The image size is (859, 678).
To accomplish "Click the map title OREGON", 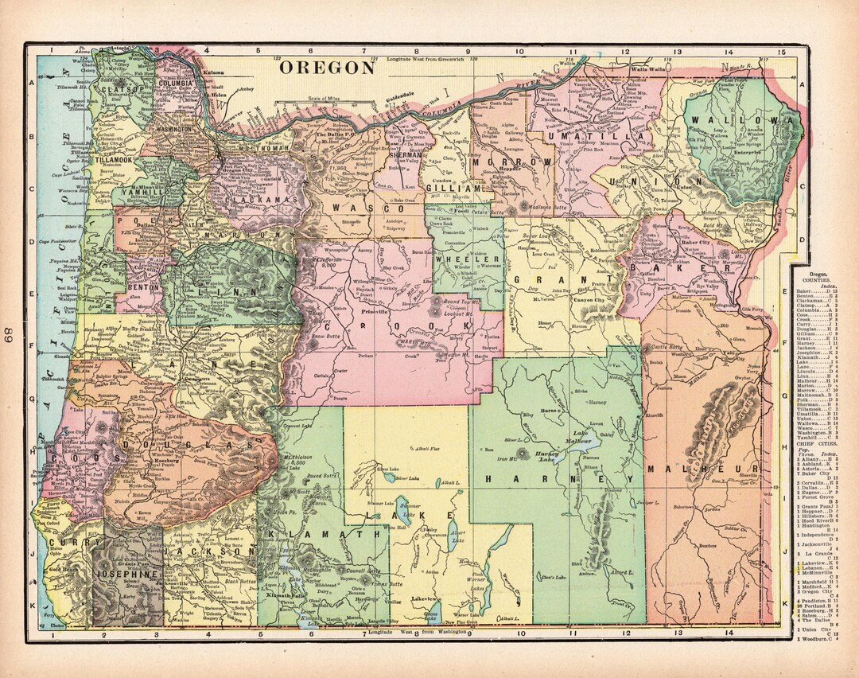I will point(327,68).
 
